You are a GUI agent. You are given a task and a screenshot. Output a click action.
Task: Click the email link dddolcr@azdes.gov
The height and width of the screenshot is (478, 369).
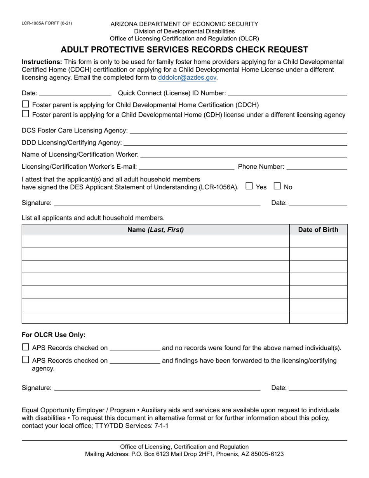point(187,78)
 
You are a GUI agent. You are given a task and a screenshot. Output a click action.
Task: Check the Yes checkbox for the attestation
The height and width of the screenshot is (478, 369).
point(249,186)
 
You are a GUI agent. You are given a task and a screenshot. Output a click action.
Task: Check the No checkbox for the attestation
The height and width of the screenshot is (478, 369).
point(277,186)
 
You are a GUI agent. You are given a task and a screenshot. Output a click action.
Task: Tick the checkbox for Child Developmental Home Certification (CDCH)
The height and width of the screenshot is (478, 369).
point(26,104)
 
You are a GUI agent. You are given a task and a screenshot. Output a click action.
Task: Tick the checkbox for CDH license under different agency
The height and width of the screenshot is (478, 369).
point(26,114)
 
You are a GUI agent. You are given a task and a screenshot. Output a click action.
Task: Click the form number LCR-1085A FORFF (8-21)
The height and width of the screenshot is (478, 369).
point(47,23)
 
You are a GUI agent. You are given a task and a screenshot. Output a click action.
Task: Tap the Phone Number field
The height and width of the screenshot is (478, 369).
point(317,167)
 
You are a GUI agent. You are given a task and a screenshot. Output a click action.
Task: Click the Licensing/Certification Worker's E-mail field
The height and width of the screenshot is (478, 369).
point(186,167)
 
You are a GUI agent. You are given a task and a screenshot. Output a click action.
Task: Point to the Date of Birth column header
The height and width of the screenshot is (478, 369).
point(318,230)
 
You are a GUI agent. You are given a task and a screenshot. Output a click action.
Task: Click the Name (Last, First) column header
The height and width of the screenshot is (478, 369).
point(155,230)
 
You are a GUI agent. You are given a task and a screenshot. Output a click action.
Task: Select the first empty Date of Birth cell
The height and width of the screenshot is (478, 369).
point(318,241)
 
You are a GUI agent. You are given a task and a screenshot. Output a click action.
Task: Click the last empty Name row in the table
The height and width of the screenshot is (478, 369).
point(155,317)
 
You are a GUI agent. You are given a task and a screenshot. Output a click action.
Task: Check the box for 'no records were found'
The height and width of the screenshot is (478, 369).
point(26,347)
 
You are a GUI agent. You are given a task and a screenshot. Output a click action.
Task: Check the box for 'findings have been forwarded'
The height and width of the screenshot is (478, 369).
point(26,360)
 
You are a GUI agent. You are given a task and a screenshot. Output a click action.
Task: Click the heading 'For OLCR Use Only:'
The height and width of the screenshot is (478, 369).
point(54,335)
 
